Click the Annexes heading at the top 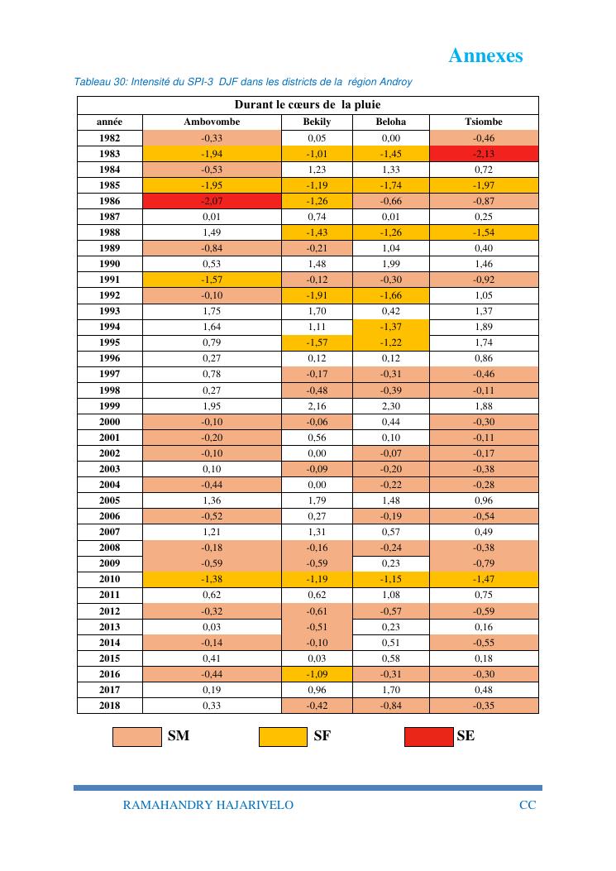point(485,55)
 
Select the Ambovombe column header point(212,122)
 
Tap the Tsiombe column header point(484,122)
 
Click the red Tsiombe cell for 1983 point(484,154)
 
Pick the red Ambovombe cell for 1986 point(212,201)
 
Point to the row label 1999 point(109,405)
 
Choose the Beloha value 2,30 point(391,405)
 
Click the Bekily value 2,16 point(317,405)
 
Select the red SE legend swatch point(428,736)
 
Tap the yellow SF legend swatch point(283,736)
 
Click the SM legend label point(179,735)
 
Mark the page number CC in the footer point(527,805)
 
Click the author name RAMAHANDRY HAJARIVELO point(208,805)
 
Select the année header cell point(109,122)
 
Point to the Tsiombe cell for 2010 point(484,579)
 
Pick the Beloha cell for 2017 point(391,689)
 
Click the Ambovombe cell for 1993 point(212,311)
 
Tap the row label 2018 point(109,705)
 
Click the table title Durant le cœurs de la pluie point(308,105)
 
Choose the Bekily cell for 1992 point(317,295)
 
